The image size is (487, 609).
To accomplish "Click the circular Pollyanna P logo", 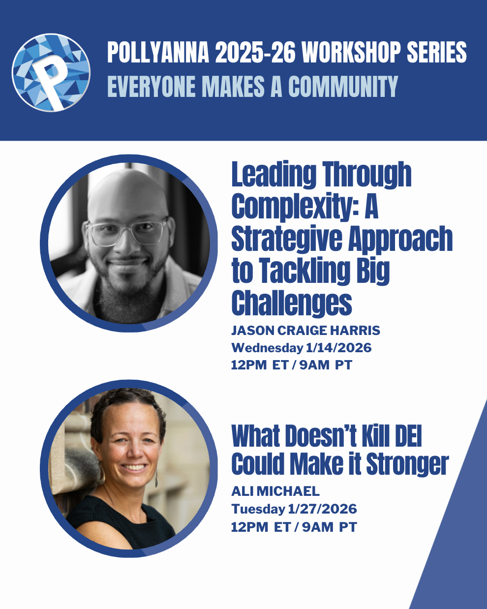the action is (51, 73).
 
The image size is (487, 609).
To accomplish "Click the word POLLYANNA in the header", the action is (158, 52).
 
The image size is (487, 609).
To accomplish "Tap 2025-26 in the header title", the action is (255, 52).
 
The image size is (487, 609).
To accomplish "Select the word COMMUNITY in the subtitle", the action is (343, 86).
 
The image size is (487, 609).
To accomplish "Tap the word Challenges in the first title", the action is (292, 304).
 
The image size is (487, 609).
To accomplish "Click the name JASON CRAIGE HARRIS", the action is (305, 330).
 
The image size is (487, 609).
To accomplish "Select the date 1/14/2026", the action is (339, 347).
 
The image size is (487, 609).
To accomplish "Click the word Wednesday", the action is (268, 348).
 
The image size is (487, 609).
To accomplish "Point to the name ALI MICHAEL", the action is (275, 491).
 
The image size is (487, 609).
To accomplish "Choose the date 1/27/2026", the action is (322, 509).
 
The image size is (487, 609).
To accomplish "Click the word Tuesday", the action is (258, 509).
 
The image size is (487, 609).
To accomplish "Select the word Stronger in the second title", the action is (408, 465).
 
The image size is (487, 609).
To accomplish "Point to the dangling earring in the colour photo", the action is (156, 478).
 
